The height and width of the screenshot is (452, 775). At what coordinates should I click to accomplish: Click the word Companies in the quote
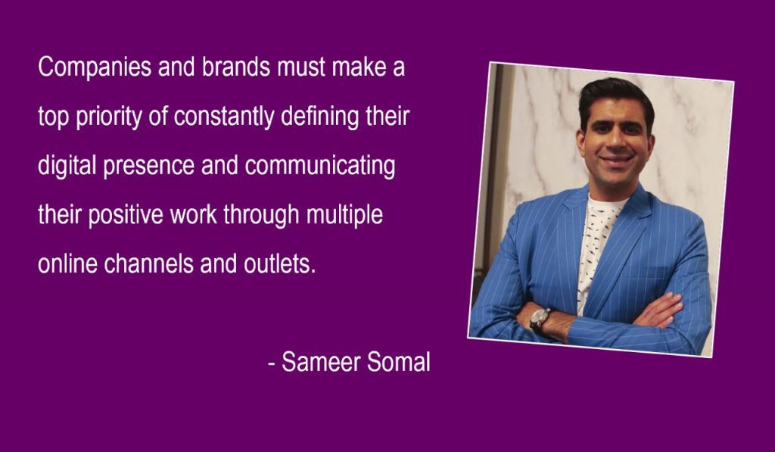coord(95,67)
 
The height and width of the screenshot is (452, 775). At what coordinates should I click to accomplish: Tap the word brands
coord(236,67)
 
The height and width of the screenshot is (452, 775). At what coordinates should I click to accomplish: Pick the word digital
coord(67,166)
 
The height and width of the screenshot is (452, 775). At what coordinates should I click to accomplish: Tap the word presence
coord(149,167)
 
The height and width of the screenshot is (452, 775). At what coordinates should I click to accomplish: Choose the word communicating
coord(320,166)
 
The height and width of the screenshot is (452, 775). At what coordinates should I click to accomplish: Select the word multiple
coord(344,216)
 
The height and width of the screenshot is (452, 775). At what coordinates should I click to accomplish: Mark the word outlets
coord(280,263)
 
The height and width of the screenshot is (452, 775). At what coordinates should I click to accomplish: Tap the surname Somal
coord(399,362)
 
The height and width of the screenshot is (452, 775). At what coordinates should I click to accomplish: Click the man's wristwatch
coord(540,319)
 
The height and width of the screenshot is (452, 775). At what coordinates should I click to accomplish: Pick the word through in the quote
coord(261,216)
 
